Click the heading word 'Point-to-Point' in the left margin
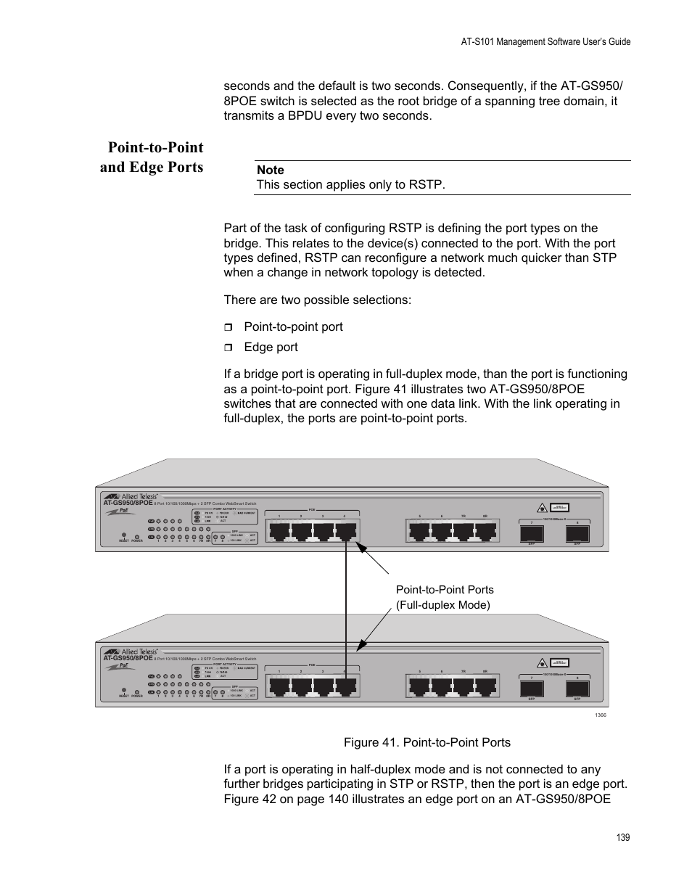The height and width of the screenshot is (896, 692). coord(155,147)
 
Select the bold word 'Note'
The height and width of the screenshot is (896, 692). coord(270,170)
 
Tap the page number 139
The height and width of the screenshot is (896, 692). coord(622,837)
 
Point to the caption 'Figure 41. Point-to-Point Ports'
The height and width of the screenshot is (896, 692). coord(427,742)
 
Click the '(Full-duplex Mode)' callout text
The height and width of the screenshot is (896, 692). coord(442,605)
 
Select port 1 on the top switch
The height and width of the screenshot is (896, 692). coord(279,531)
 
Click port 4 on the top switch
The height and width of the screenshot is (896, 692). coord(346,531)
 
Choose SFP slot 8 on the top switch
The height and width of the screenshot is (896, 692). coord(577,534)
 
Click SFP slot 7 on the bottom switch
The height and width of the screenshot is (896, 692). coord(532,689)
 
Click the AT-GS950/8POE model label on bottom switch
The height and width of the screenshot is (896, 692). coord(128,658)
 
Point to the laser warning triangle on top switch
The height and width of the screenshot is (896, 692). coord(541,507)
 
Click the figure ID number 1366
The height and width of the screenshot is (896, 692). coord(600,715)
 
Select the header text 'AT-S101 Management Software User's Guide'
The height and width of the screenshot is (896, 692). coord(545,42)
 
